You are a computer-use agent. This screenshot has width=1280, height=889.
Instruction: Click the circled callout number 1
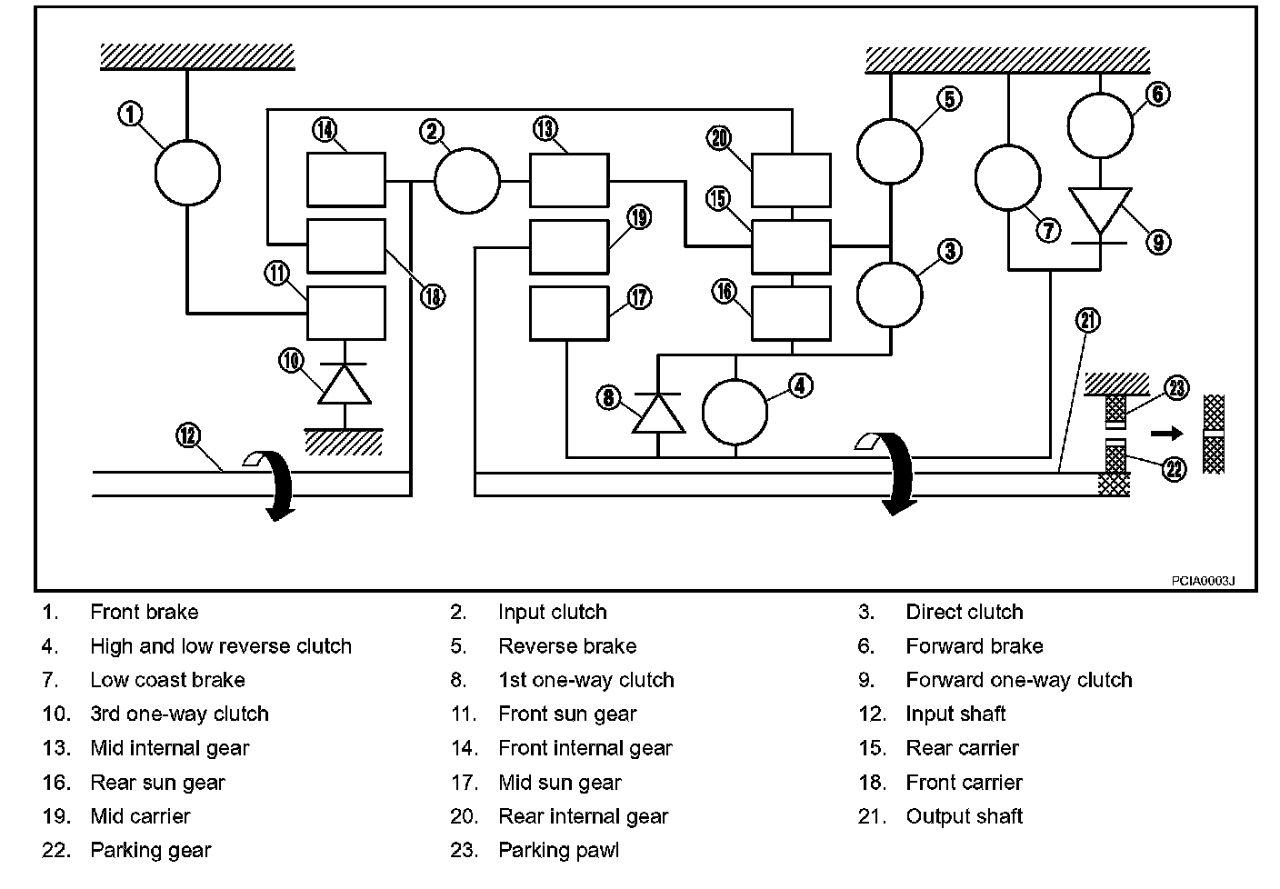coord(130,113)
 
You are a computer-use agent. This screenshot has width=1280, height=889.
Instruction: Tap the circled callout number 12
coord(188,436)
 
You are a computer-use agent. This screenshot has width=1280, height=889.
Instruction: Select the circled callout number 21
coord(1087,320)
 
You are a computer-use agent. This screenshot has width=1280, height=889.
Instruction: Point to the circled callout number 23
coord(1176,388)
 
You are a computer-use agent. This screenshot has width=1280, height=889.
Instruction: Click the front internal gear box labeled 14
coord(346,179)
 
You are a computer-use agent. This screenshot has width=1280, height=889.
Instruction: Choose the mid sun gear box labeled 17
coord(569,314)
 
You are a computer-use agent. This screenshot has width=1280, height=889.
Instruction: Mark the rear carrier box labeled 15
coord(791,247)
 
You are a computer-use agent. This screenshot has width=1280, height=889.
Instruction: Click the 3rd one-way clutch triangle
coord(345,384)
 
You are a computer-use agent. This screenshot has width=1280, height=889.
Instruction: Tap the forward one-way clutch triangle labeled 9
coord(1100,210)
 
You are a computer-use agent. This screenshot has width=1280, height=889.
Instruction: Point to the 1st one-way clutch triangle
coord(658,413)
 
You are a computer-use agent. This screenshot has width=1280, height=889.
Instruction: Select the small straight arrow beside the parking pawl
coord(1167,433)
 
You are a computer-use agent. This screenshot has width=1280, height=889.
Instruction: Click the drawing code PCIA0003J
coord(1203,581)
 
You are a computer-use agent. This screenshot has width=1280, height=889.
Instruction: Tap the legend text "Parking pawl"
coord(558,850)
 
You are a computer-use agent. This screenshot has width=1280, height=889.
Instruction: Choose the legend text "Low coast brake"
coord(167,680)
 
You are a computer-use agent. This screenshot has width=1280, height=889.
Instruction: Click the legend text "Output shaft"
coord(964,816)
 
